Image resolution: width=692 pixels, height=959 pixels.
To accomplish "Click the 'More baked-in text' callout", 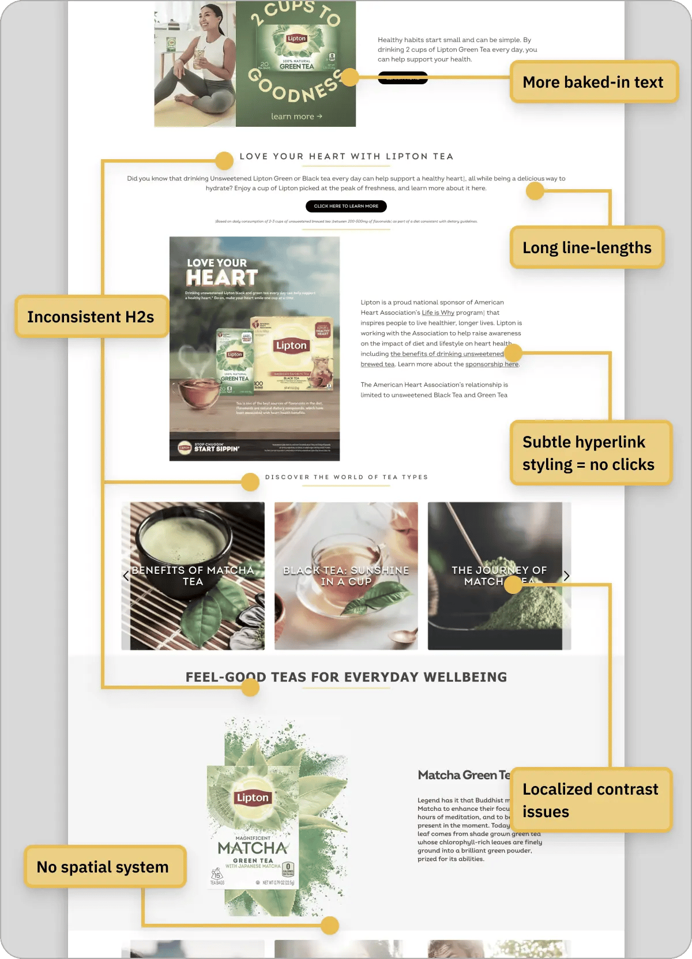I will coord(593,82).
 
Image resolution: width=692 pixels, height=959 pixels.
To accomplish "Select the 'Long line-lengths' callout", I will coord(587,248).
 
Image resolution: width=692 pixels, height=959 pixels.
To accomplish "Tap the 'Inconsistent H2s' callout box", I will coord(91,317).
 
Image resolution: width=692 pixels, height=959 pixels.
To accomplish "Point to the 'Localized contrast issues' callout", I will coord(591,800).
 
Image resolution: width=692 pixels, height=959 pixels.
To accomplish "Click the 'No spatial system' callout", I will coord(104,867).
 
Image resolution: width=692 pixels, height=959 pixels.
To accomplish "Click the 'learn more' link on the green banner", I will coord(296,116).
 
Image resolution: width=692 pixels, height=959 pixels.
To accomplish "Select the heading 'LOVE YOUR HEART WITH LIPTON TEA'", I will coord(347,156).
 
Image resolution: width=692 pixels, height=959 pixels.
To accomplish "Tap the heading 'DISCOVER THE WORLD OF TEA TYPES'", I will coord(347,477).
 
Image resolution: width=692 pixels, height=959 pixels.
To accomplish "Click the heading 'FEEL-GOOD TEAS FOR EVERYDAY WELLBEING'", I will coord(347,677).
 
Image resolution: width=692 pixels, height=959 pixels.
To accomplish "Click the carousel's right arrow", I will coord(566,576).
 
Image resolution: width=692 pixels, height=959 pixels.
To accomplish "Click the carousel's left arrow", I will coord(126,576).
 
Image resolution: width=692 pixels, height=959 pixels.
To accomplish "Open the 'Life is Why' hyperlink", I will coord(438,313).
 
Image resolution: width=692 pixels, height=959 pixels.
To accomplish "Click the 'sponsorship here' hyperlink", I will coord(491,364).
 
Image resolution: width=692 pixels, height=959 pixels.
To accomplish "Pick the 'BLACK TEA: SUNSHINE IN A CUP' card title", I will coord(346,576).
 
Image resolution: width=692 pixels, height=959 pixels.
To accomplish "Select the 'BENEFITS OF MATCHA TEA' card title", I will coord(193,576).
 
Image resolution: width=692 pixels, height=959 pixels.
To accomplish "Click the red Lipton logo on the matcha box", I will coord(253,798).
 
